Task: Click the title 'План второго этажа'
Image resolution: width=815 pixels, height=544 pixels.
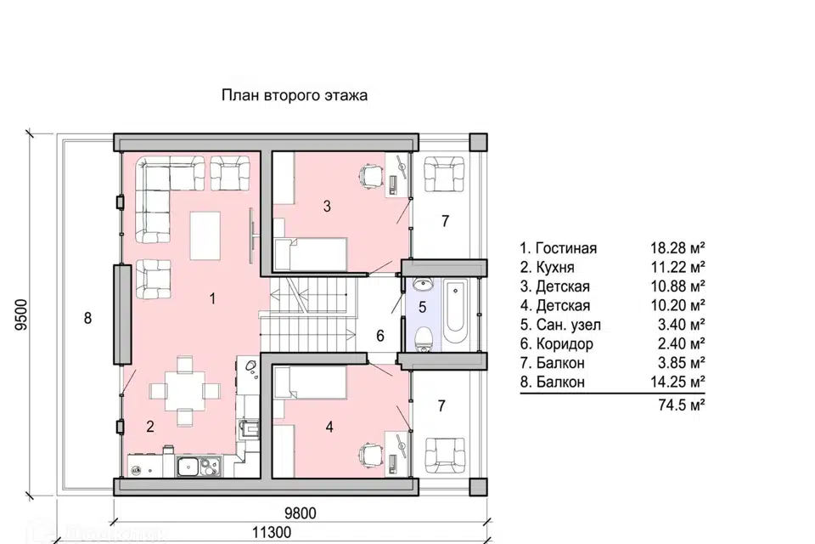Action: coord(295,96)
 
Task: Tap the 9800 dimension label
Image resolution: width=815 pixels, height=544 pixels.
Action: coord(301,513)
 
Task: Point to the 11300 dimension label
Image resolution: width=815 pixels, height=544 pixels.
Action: coord(272,533)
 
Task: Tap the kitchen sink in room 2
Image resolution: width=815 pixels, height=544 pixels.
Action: coord(199,466)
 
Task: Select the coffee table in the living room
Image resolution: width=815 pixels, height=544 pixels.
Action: coord(205,235)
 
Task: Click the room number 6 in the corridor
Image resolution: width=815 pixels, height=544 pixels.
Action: coord(380,336)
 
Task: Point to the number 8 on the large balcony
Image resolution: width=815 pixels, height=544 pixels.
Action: coord(87,318)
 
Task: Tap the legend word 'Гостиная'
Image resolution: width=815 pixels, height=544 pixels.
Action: coord(566,248)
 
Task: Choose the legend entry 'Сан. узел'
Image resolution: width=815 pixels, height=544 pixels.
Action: coord(560,325)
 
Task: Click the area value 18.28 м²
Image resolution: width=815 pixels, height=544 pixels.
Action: coord(677,248)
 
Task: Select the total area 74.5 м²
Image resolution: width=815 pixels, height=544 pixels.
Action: coord(682,405)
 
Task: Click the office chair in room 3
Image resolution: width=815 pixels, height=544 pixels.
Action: coord(370,174)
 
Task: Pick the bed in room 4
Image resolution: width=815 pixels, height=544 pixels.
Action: coord(310,382)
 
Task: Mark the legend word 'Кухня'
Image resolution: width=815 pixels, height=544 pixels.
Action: coord(554,268)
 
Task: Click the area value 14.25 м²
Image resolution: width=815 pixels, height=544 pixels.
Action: coord(677,382)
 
